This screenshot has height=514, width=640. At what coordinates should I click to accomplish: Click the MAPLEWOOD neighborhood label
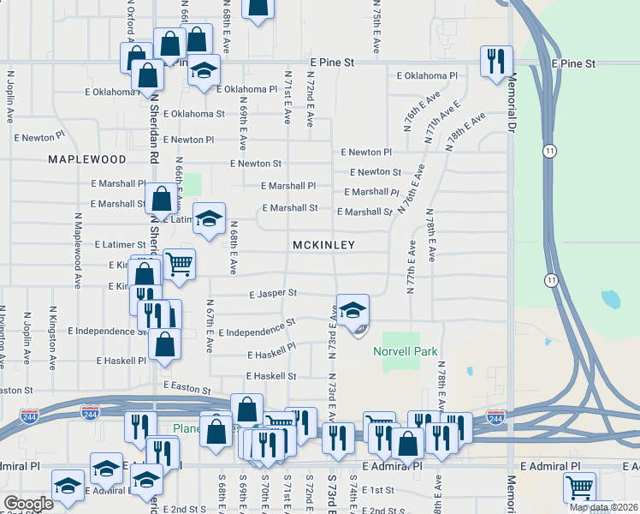pos(87,159)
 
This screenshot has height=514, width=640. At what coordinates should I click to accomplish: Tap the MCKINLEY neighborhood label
pos(323,245)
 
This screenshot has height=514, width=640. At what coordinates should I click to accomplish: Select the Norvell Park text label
pos(406,351)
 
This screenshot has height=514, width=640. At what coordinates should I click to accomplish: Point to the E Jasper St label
pos(273,293)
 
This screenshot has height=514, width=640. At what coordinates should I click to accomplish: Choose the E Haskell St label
pos(271,376)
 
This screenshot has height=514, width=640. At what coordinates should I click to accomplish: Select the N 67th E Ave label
pos(210,326)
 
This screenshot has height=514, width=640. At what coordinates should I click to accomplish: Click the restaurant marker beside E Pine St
pos(496,61)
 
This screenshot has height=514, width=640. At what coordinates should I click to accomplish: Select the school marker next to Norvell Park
pos(353,311)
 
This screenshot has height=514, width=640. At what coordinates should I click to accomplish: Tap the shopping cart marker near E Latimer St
pos(179,264)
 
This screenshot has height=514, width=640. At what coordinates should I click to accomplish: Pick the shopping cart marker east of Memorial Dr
pos(579,487)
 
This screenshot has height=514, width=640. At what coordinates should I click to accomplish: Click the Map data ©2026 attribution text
pos(602,507)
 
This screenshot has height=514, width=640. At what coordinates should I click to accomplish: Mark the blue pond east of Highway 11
pos(611,300)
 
